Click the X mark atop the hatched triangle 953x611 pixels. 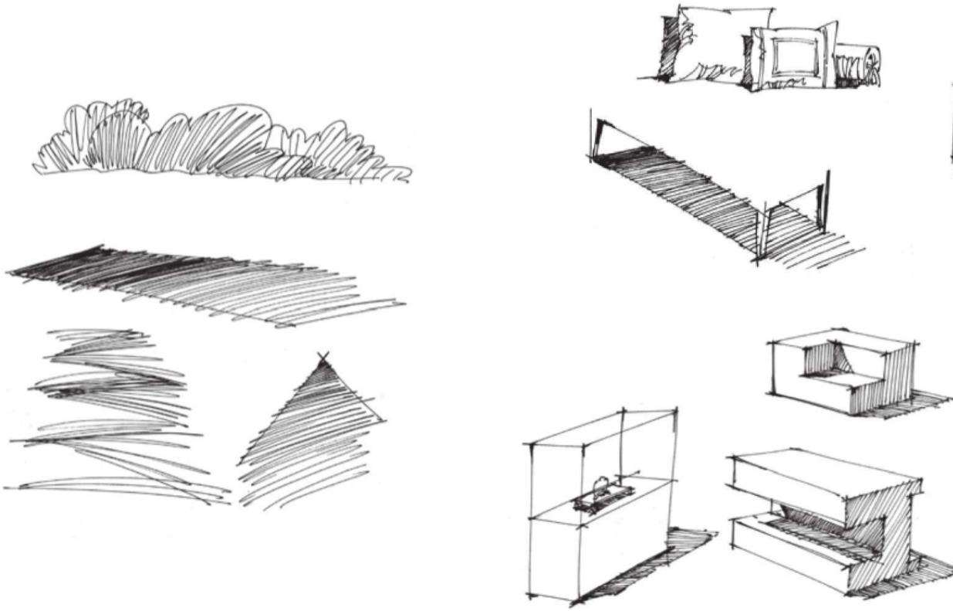(323, 358)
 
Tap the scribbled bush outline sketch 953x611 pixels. (208, 139)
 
